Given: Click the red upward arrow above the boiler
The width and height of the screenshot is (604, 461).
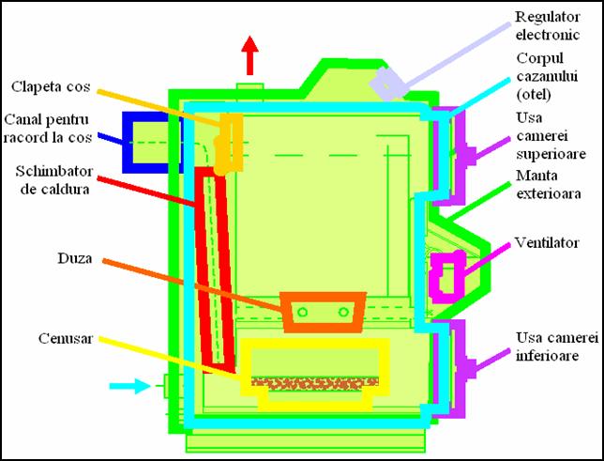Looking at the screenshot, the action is pyautogui.click(x=250, y=55).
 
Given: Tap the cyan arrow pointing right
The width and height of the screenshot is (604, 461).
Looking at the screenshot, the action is pyautogui.click(x=129, y=385).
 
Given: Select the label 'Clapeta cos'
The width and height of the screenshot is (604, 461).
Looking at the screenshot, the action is pyautogui.click(x=51, y=86).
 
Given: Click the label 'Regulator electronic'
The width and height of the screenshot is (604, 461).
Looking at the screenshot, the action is pyautogui.click(x=548, y=26).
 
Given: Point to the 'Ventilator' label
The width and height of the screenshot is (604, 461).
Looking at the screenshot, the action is pyautogui.click(x=547, y=242).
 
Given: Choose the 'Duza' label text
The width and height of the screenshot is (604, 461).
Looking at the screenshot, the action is pyautogui.click(x=75, y=258).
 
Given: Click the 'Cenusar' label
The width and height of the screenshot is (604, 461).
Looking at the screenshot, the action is pyautogui.click(x=66, y=338).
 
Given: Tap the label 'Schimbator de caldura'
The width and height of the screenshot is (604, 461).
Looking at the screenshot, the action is pyautogui.click(x=54, y=179).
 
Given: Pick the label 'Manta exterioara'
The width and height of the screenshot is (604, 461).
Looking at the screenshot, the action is pyautogui.click(x=549, y=184).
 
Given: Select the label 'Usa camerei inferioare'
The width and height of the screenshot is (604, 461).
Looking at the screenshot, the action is pyautogui.click(x=557, y=346).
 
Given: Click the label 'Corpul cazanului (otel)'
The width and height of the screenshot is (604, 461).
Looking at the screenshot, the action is pyautogui.click(x=547, y=76).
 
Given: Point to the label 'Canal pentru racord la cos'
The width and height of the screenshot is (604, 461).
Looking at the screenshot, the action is pyautogui.click(x=48, y=129).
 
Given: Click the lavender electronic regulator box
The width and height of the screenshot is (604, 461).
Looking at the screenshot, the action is pyautogui.click(x=387, y=84).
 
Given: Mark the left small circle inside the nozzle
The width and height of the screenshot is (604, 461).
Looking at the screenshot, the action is pyautogui.click(x=302, y=312).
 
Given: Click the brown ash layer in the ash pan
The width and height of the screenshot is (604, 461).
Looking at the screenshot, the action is pyautogui.click(x=315, y=383).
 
